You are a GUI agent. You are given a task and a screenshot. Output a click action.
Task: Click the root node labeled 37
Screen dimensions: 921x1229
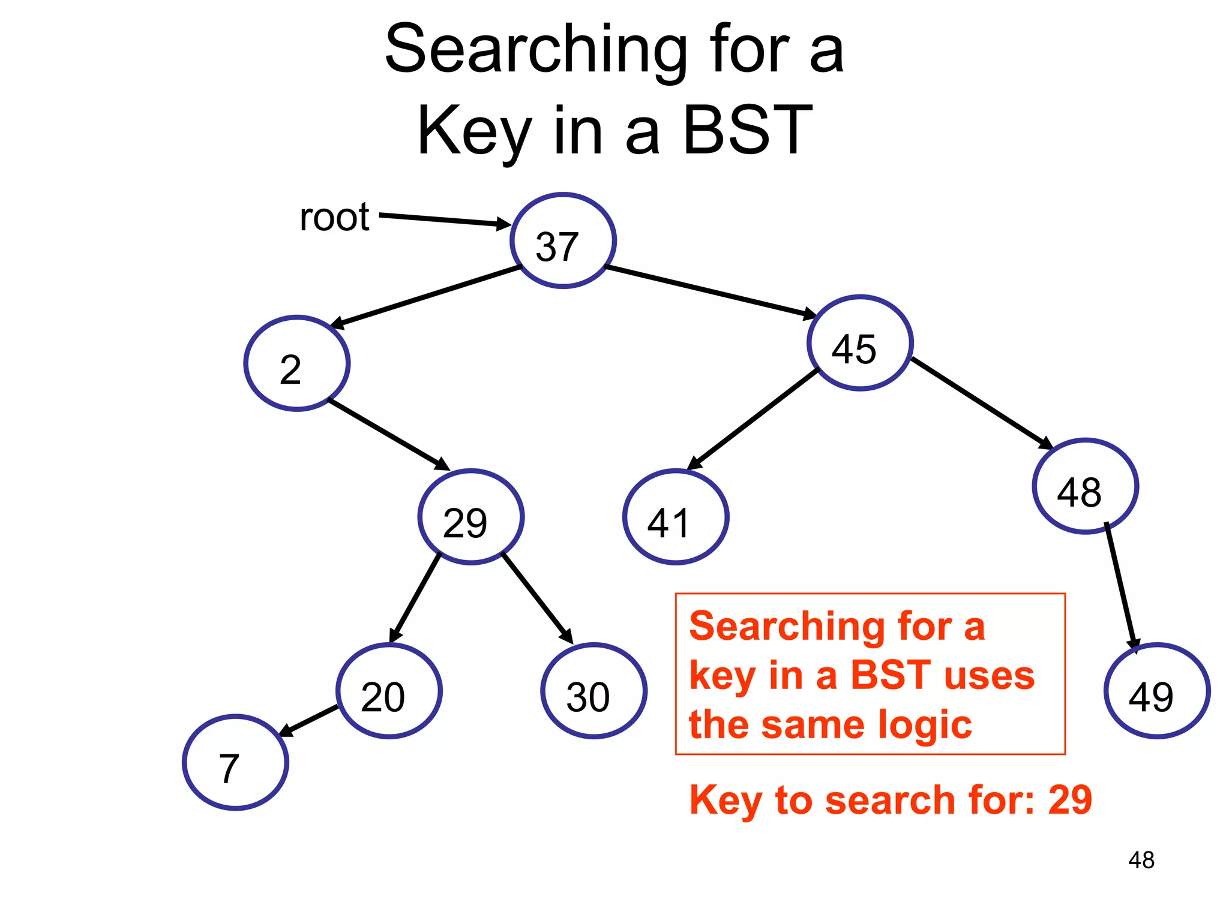pos(563,241)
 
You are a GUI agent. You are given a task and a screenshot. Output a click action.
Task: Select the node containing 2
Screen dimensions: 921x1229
pos(297,363)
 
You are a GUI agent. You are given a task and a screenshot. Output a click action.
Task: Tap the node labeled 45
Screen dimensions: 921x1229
pos(860,343)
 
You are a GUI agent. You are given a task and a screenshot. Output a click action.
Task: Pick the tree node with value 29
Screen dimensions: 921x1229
pos(471,517)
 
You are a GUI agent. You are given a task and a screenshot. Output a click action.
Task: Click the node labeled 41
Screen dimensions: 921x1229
pos(676,517)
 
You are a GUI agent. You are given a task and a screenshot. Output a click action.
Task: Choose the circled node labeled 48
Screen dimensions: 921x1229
pos(1085,486)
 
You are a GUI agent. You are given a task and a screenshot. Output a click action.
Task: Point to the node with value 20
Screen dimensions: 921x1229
pos(389,691)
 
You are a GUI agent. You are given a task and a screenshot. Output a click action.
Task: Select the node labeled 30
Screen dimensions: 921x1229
pos(593,691)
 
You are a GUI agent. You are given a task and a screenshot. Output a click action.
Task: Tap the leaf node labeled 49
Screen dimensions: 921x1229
pos(1156,691)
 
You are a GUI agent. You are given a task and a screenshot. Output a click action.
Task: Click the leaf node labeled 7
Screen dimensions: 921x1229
pos(235,763)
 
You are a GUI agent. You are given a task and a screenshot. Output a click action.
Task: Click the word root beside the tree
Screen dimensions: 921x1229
pos(334,217)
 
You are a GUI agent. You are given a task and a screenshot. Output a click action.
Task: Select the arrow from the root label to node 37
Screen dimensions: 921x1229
pos(444,219)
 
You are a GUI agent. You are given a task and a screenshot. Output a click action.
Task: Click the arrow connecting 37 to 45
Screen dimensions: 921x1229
pos(711,291)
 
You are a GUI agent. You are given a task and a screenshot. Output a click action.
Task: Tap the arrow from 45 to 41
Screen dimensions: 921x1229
pos(753,419)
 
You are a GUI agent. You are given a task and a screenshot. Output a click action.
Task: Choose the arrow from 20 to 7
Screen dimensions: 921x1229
pos(309,720)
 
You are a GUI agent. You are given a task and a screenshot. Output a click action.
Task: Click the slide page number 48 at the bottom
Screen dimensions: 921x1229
pos(1141,860)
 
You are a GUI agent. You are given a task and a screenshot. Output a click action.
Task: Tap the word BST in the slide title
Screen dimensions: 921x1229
pos(747,130)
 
